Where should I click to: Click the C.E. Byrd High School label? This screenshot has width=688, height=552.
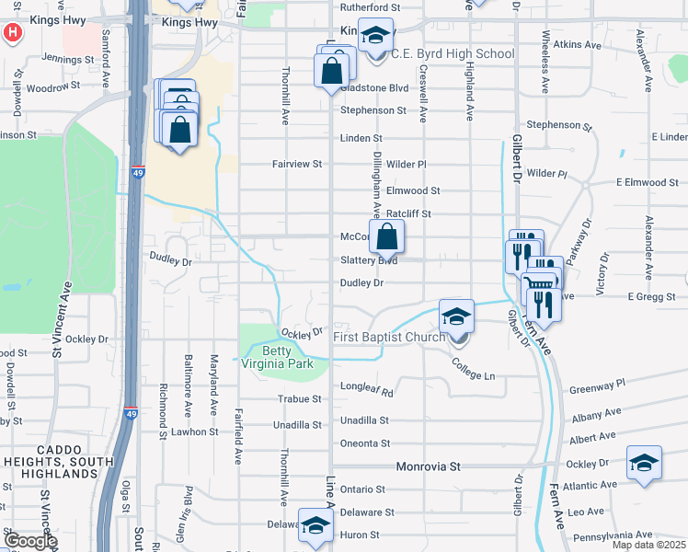[x=453, y=53]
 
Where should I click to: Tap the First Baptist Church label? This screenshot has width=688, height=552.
[x=389, y=337]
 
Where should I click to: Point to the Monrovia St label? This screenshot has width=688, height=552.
[x=428, y=466]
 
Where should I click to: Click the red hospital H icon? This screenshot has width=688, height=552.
[x=12, y=33]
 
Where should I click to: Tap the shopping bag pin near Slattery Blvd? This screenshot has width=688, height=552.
[x=387, y=237]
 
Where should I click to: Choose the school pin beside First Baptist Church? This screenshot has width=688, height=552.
[x=455, y=318]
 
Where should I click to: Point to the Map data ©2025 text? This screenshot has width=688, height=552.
[x=648, y=545]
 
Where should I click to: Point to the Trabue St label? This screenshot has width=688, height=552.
[x=301, y=399]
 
